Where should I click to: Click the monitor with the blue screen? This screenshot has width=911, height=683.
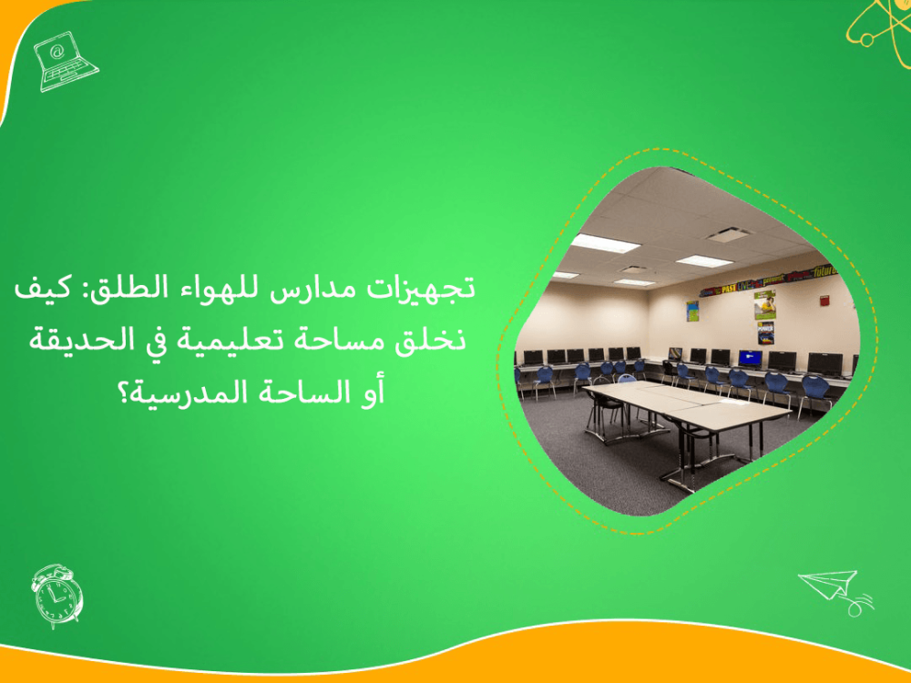click(x=751, y=358)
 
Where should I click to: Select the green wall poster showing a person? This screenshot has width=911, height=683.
click(x=766, y=304)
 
